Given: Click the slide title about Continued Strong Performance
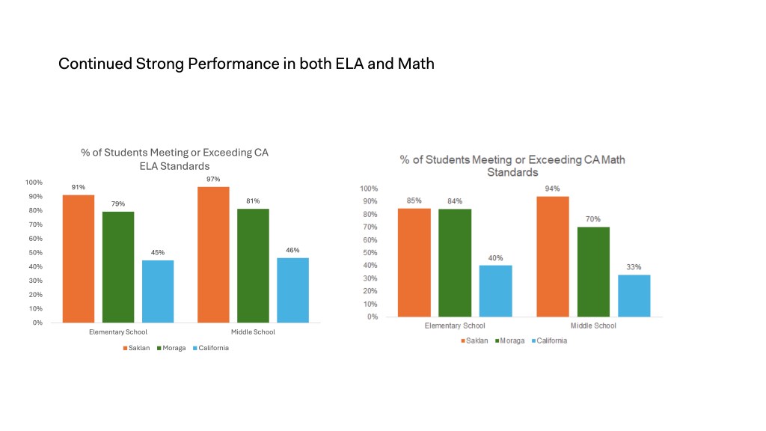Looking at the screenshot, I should point(246,64).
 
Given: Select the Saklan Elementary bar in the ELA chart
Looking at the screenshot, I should point(79,258).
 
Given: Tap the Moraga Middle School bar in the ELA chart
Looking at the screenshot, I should point(253,266).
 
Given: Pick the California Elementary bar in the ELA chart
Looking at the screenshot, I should point(158,291).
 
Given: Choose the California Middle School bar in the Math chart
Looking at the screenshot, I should point(634,296).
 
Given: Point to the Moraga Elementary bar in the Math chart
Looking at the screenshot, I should point(455,263).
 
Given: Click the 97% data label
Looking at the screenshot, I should point(213,179).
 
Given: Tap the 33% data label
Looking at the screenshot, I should point(634,267).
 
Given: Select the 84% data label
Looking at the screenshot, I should point(455,201).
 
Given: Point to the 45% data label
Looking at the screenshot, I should point(158,253).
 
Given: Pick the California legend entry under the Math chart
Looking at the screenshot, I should point(549,340).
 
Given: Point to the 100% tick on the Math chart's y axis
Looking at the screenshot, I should point(369,189).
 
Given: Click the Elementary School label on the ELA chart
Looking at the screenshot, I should point(118,332).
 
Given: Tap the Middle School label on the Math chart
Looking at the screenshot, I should point(593,325).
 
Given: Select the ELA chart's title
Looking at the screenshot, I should point(174,159).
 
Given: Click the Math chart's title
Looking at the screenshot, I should point(512,165).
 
